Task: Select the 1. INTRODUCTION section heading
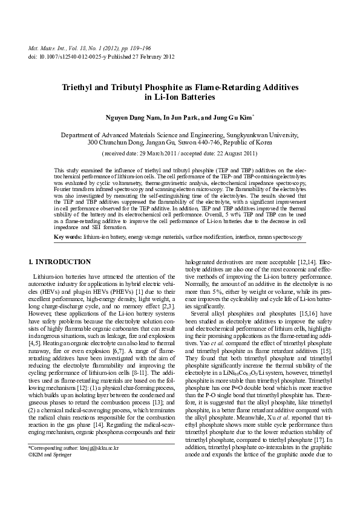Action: pyautogui.click(x=60, y=262)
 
